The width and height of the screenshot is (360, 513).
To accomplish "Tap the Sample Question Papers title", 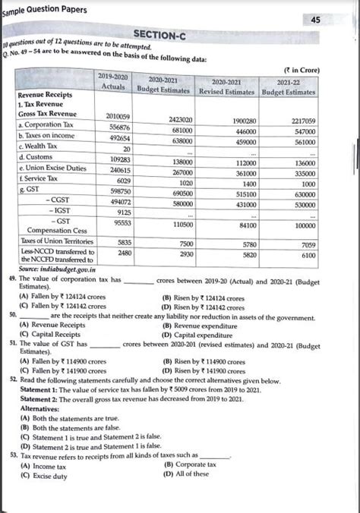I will (44, 9).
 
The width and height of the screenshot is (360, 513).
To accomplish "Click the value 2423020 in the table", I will (176, 120).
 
